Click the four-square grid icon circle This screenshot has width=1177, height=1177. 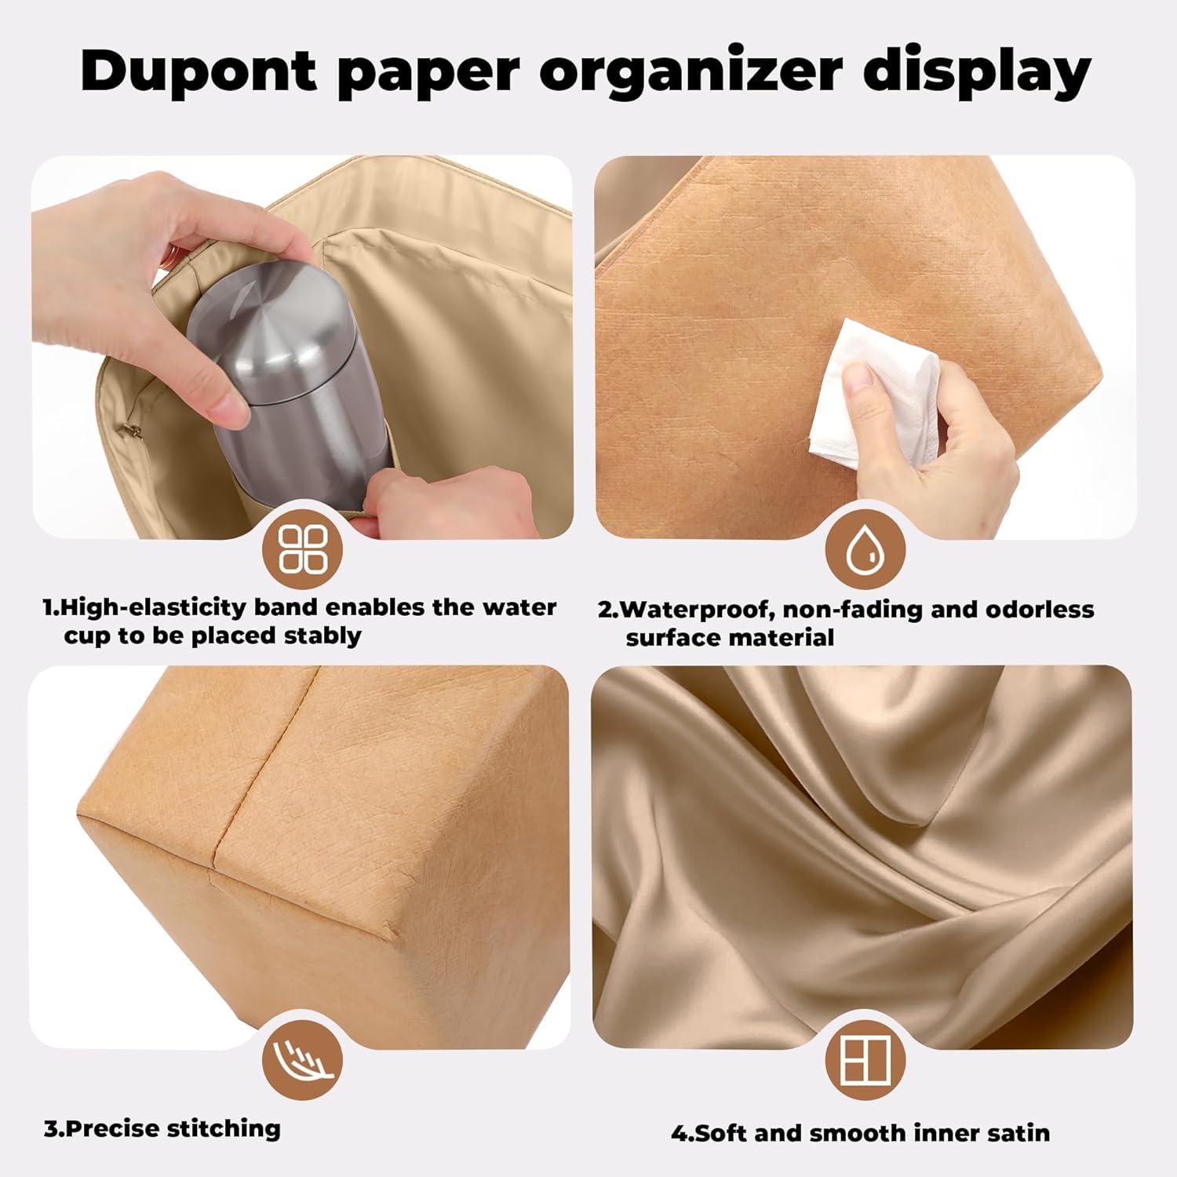[303, 548]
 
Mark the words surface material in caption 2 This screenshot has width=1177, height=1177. [730, 638]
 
